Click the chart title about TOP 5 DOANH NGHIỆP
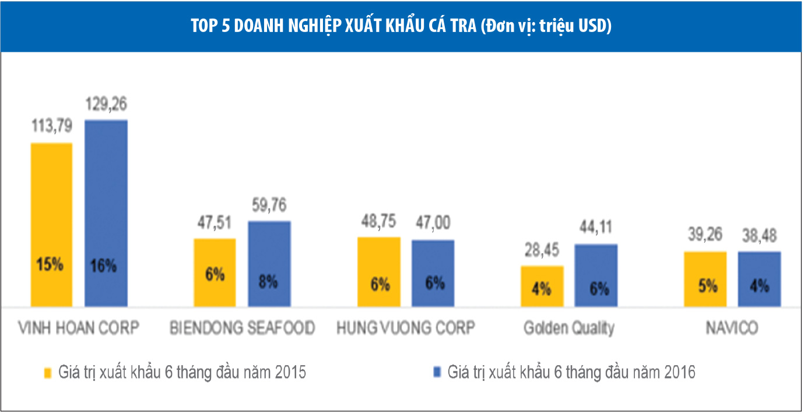click(x=401, y=27)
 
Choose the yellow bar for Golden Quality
click(x=542, y=286)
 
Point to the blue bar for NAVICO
click(x=759, y=279)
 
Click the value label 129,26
click(x=106, y=105)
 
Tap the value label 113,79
click(x=51, y=128)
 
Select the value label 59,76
click(x=269, y=206)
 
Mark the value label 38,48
click(x=759, y=237)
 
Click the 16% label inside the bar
click(x=106, y=266)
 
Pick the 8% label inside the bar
click(x=269, y=282)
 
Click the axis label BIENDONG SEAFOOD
click(x=242, y=328)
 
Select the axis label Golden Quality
click(x=568, y=328)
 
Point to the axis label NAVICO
click(x=732, y=328)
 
